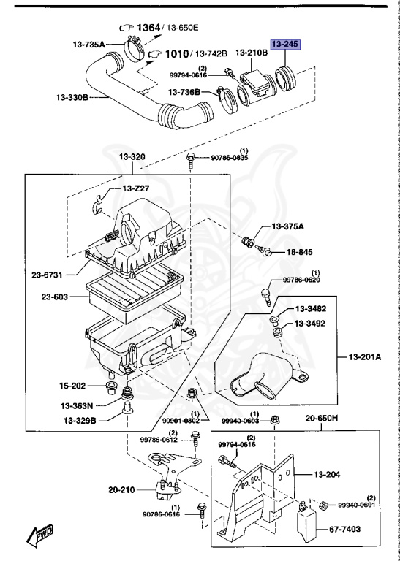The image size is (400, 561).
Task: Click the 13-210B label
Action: pyautogui.click(x=252, y=53)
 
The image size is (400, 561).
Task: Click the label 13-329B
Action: pyautogui.click(x=81, y=420)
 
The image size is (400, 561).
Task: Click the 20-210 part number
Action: pyautogui.click(x=121, y=489)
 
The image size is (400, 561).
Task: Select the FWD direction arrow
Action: pyautogui.click(x=39, y=538)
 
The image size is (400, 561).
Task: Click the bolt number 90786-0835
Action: pyautogui.click(x=230, y=157)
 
